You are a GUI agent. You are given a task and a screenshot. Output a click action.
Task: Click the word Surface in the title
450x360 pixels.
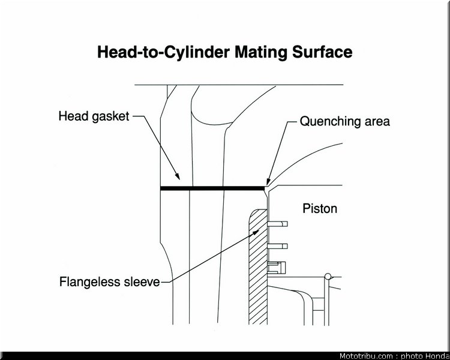[x=322, y=52]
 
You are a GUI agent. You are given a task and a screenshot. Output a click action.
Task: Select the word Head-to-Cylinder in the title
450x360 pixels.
[x=164, y=52]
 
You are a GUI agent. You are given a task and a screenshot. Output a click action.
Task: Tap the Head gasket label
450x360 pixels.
[x=94, y=116]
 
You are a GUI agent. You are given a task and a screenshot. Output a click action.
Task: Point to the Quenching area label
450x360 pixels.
[x=344, y=121]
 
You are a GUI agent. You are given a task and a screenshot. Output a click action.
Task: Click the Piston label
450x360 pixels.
[x=320, y=208]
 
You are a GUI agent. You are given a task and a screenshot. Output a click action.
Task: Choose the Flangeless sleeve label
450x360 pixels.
[x=109, y=281]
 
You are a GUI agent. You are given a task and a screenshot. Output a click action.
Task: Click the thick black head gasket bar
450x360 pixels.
[x=212, y=188]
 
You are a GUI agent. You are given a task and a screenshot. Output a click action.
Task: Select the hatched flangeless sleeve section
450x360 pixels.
[x=258, y=267]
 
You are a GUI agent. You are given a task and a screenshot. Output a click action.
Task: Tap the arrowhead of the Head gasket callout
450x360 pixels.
[x=178, y=176]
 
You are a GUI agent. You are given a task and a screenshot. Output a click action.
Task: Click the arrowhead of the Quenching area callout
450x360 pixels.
[x=268, y=182]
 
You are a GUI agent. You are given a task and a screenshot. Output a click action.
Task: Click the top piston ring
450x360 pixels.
[x=278, y=224]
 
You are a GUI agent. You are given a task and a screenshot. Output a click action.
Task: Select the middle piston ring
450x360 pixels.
[x=278, y=246]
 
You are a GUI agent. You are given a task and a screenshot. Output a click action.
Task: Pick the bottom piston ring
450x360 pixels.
[x=277, y=267]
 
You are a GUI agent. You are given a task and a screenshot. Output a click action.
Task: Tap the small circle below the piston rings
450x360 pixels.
[x=328, y=277]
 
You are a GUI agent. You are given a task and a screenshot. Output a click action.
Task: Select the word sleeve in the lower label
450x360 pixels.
[x=142, y=281]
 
